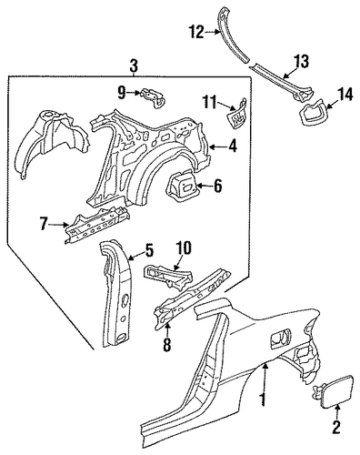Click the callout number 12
coord(196,32)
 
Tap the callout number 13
coord(302,62)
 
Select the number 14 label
coord(345,94)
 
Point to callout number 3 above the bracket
coord(134,66)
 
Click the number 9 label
coord(122,93)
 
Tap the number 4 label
coord(233,147)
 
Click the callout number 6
coord(218,186)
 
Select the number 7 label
coord(44,225)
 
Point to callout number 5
coord(149,251)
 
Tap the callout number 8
coord(167,345)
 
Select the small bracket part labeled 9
coord(154,97)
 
